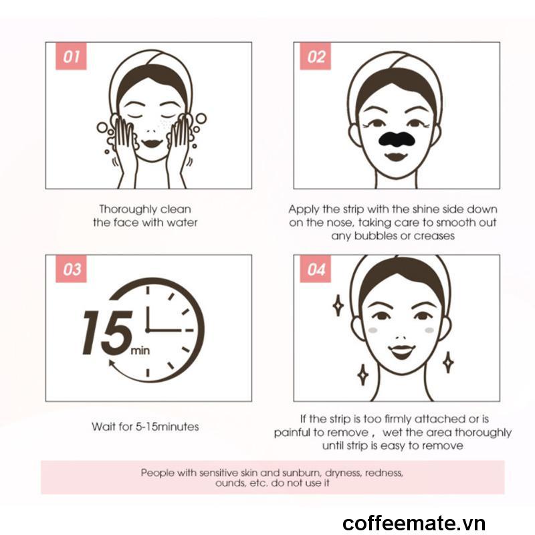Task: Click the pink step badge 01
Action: click(x=71, y=56)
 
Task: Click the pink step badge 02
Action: click(x=315, y=56)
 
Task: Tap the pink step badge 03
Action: click(x=71, y=269)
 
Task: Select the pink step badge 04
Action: click(x=315, y=269)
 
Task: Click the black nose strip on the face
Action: click(x=396, y=139)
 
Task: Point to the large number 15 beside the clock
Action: click(x=107, y=332)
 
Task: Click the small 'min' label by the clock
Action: click(x=140, y=350)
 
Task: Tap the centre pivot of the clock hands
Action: click(x=147, y=330)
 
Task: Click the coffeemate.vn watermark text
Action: click(x=414, y=523)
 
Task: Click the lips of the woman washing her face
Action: click(x=152, y=142)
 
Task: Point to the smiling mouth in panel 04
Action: click(x=402, y=352)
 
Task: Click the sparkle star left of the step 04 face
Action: click(x=338, y=306)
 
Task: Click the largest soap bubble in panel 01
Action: click(x=201, y=119)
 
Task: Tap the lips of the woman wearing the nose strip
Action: click(x=396, y=157)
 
